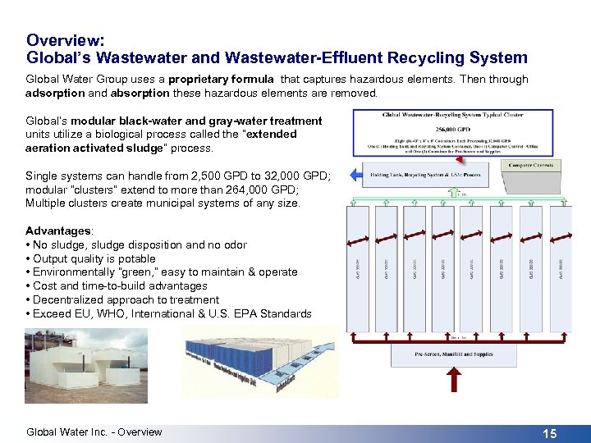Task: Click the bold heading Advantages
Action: (x=58, y=231)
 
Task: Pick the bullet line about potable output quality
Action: (x=90, y=258)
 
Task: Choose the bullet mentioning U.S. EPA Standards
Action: (x=168, y=313)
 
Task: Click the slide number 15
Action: (x=549, y=433)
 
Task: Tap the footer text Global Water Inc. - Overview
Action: (x=94, y=432)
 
